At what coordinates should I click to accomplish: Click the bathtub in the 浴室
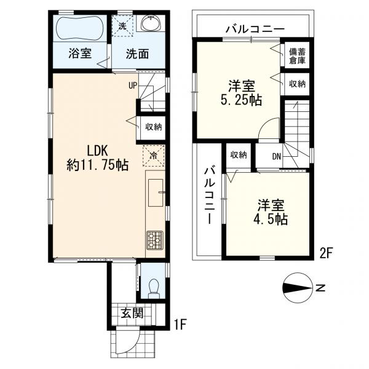click(x=79, y=28)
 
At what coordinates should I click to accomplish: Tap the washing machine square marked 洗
click(x=122, y=26)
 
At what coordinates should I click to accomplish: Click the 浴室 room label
click(x=80, y=54)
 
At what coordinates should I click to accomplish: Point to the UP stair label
click(x=133, y=85)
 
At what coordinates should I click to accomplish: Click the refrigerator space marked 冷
click(x=153, y=156)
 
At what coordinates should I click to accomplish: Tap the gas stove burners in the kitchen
click(x=155, y=240)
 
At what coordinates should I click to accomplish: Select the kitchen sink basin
click(x=156, y=192)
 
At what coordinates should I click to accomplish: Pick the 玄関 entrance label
click(x=132, y=313)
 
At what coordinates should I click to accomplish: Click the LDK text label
click(x=97, y=151)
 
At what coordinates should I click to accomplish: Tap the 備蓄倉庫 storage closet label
click(x=297, y=56)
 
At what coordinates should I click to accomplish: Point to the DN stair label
click(x=277, y=156)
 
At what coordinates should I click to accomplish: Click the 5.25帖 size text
click(x=241, y=100)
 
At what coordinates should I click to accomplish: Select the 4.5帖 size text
click(x=271, y=220)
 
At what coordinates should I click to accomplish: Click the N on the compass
click(x=320, y=288)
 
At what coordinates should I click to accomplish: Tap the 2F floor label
click(x=326, y=253)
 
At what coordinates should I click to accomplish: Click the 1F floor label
click(x=180, y=325)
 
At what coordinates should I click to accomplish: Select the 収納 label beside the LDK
click(x=153, y=127)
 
